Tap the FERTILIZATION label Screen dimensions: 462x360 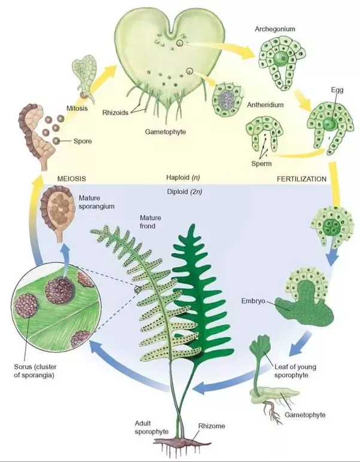pyautogui.click(x=301, y=179)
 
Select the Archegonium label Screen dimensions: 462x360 pyautogui.click(x=274, y=28)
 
